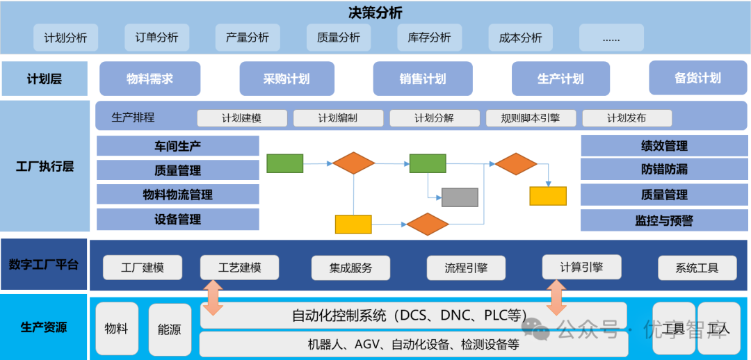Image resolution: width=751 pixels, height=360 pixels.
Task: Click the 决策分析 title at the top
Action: point(375,13)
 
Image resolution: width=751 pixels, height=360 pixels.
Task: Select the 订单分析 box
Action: point(156,38)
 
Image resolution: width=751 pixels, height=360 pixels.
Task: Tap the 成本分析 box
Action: point(520,38)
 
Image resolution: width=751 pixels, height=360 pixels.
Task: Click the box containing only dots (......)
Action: point(611,38)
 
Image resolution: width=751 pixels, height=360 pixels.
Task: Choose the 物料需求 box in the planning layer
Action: point(150,79)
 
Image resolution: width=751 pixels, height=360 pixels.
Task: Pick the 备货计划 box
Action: point(697,78)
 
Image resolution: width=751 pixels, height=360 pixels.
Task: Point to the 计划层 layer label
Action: point(45,79)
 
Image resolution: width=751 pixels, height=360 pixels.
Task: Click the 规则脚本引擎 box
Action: point(531,118)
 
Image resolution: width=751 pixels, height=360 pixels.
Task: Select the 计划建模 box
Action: point(242,118)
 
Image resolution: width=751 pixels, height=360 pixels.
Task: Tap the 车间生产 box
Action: point(177,146)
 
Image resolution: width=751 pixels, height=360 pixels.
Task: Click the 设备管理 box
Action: point(177,219)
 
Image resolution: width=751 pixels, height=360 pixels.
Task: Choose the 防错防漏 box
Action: point(664,170)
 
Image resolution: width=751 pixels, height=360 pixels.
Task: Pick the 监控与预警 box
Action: point(664,220)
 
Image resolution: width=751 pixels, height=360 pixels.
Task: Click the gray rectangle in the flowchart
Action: point(460,197)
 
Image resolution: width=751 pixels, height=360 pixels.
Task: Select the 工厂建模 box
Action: point(143,268)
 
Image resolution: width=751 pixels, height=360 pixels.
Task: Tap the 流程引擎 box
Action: point(466,268)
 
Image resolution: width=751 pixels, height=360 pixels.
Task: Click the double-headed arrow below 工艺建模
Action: point(213,297)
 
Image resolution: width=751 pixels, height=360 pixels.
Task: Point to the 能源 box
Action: point(170,329)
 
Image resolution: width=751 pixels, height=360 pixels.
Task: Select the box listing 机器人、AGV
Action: point(413,344)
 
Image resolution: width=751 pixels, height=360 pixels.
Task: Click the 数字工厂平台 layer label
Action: point(44,264)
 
